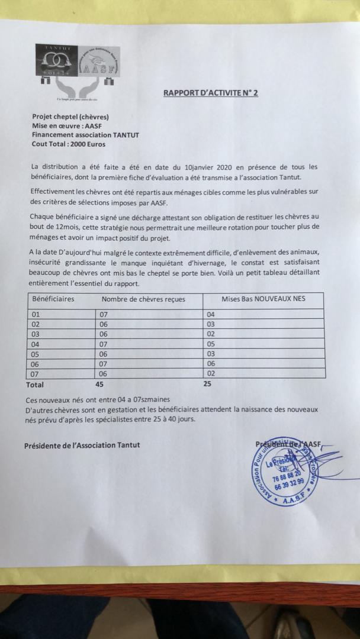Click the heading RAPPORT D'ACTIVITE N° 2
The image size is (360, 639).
(x=211, y=93)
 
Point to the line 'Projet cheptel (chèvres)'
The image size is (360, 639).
(x=70, y=117)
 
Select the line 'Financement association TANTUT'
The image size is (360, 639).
(x=86, y=135)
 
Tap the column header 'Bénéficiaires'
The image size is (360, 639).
(x=53, y=299)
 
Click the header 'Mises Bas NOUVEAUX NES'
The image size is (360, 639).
(x=263, y=299)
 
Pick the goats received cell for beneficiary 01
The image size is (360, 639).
(x=104, y=314)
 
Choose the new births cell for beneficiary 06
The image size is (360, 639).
(x=211, y=363)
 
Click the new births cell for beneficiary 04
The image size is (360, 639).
(x=211, y=344)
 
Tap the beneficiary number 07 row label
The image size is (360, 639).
(x=36, y=373)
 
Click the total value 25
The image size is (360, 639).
(x=208, y=385)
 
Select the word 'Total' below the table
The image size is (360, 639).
(x=35, y=385)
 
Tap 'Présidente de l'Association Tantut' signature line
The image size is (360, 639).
(x=82, y=445)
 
